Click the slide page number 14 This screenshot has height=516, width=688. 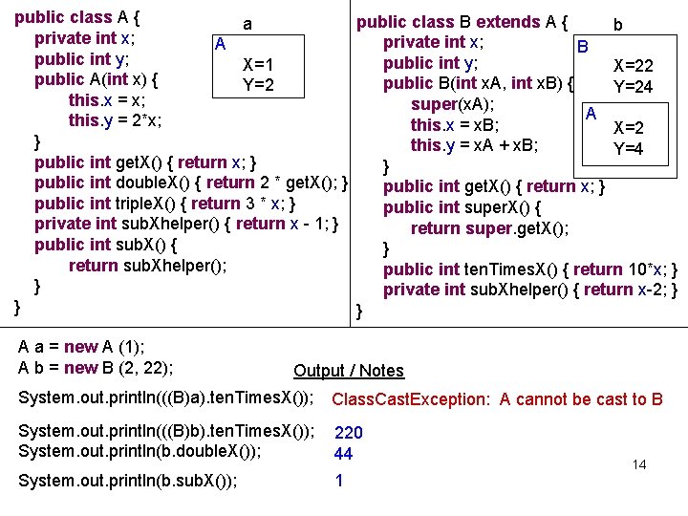coord(639,464)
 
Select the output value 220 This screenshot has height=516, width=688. coord(348,433)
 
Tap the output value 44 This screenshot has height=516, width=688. coord(343,454)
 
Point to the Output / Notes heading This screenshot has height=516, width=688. coord(349,371)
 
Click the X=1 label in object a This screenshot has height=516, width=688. coord(259,65)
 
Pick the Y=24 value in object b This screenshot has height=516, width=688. coord(633,87)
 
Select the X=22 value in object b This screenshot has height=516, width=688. coord(633,66)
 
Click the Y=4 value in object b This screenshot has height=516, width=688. coord(628,148)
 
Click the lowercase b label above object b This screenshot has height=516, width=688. coord(618,25)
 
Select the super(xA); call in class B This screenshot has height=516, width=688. coord(452,104)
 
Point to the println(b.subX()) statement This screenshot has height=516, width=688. coord(128,481)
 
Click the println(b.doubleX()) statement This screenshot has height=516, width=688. coord(140,452)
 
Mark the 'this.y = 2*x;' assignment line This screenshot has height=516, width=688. coord(115,120)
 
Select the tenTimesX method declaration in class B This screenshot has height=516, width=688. coord(531,269)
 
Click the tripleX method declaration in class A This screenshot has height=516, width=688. coord(164,203)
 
